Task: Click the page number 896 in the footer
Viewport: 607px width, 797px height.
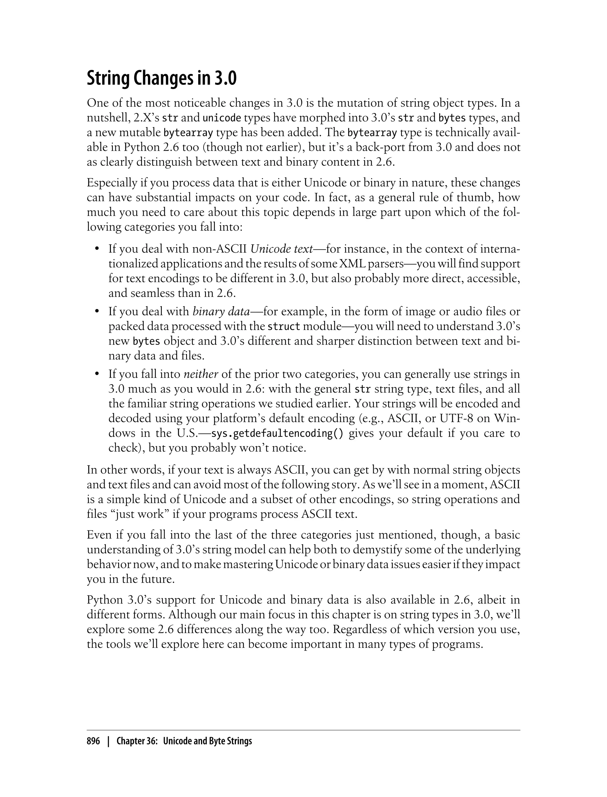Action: click(93, 741)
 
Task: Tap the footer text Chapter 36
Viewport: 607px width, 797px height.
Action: click(136, 741)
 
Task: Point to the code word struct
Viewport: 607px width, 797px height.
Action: click(284, 326)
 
